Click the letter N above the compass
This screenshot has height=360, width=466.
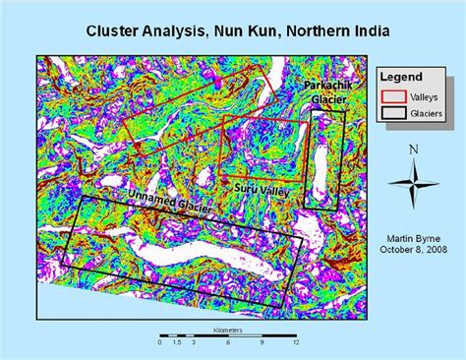click(414, 150)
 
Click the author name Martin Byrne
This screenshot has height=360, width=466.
click(413, 237)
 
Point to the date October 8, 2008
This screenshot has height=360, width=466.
click(413, 250)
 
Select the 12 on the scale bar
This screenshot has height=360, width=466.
click(295, 342)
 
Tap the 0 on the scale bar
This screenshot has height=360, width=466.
click(160, 342)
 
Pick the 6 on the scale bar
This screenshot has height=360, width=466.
click(227, 342)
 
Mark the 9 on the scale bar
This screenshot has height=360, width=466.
click(262, 342)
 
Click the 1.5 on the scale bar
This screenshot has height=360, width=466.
click(177, 342)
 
